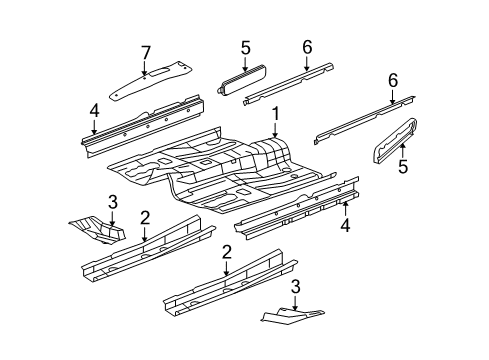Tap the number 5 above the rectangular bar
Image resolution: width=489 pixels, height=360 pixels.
(x=245, y=46)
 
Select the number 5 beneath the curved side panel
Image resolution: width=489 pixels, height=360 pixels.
(x=403, y=168)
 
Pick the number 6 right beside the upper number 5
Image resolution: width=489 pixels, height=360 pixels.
(x=307, y=46)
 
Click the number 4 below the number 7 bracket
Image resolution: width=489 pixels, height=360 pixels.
(x=93, y=110)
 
